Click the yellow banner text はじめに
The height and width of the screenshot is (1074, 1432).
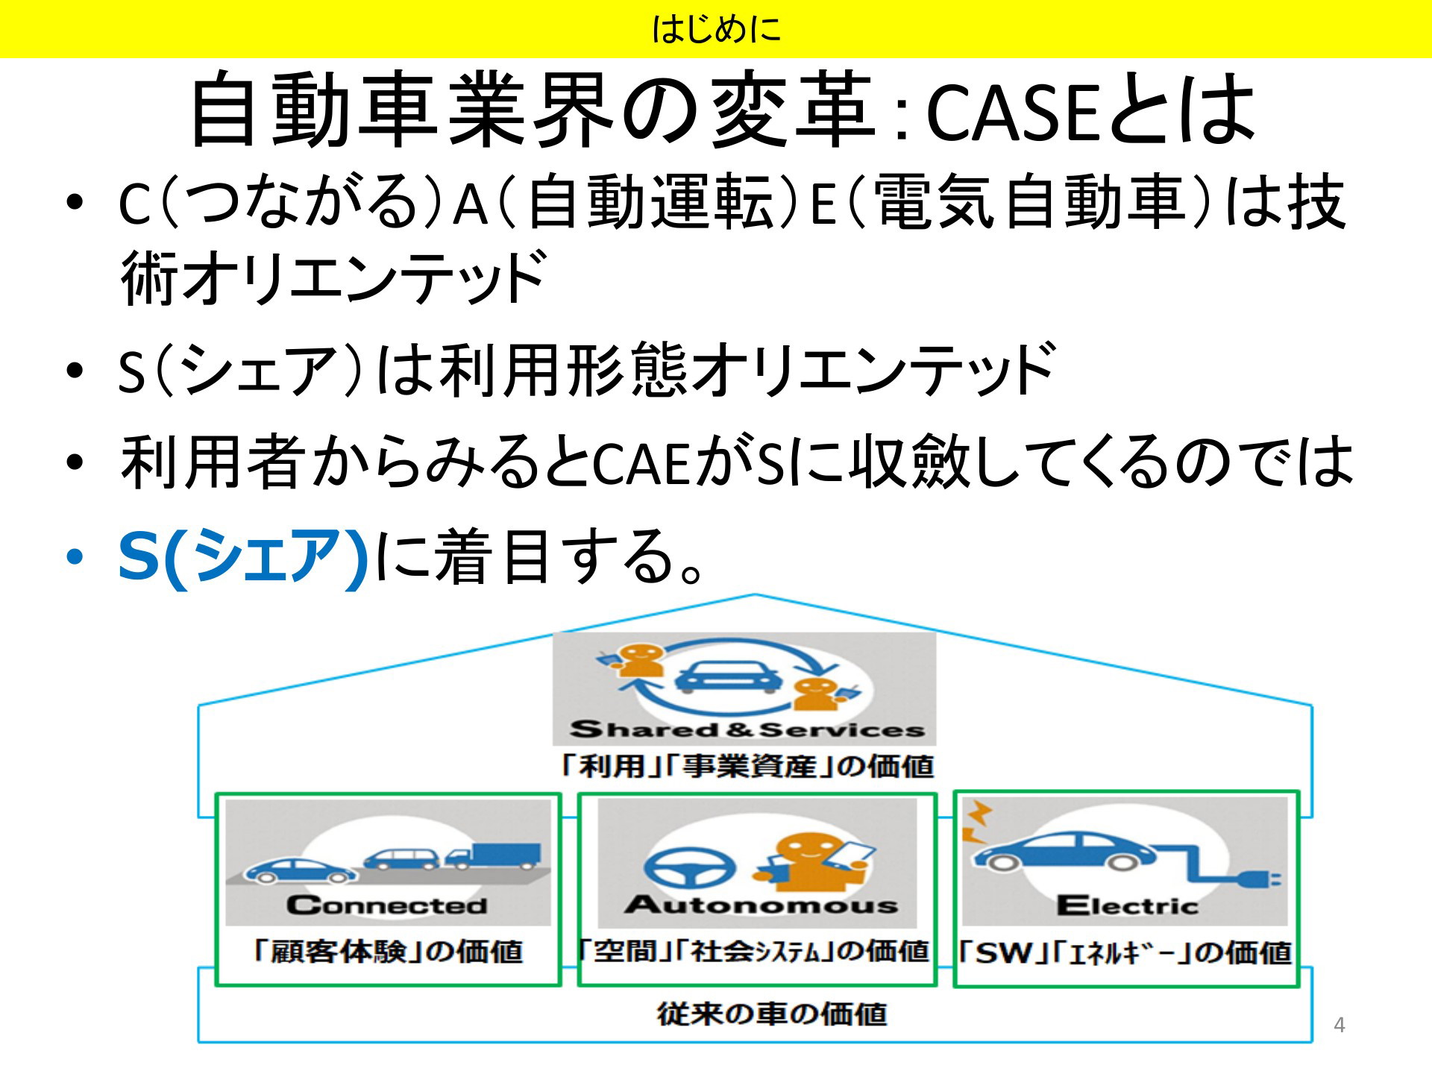[x=716, y=29]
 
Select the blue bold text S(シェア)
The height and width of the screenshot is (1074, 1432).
[x=243, y=558]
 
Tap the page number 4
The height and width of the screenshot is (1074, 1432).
[x=1340, y=1025]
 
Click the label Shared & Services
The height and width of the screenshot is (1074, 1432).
[x=747, y=728]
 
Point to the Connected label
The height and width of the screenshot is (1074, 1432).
[x=387, y=905]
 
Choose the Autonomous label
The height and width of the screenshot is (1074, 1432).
[x=761, y=905]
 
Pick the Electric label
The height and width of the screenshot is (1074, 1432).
[x=1127, y=905]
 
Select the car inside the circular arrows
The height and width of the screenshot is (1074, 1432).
[x=728, y=679]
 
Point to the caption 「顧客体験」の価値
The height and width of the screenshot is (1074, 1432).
[x=388, y=952]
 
